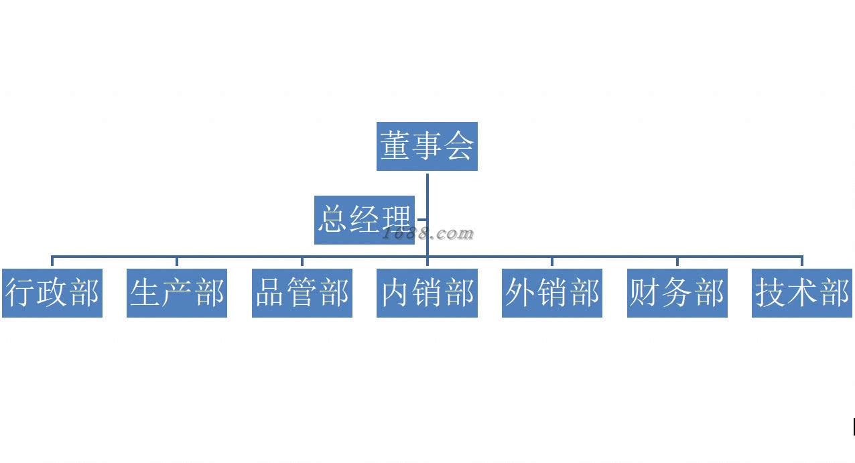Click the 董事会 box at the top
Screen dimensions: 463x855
[x=427, y=146]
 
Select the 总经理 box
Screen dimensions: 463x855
[x=365, y=220]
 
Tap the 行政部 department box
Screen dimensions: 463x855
[x=52, y=293]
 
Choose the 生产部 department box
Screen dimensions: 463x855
[x=177, y=293]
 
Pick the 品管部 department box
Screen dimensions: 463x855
[x=302, y=293]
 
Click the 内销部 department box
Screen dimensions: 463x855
[x=427, y=293]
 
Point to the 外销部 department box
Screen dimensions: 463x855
[x=552, y=293]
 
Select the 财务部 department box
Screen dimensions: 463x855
[x=677, y=293]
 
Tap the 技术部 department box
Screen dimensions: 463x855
[x=802, y=293]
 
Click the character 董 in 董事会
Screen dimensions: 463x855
[x=395, y=146]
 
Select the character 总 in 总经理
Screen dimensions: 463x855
[x=333, y=220]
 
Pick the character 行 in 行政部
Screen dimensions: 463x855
[x=21, y=293]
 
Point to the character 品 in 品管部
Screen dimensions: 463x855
[x=271, y=293]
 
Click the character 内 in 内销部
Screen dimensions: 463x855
[x=395, y=293]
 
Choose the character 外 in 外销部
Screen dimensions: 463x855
[x=521, y=293]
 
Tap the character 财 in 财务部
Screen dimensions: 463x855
[x=645, y=293]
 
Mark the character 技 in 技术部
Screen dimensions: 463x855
[x=771, y=293]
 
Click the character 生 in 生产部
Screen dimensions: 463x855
[x=145, y=293]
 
